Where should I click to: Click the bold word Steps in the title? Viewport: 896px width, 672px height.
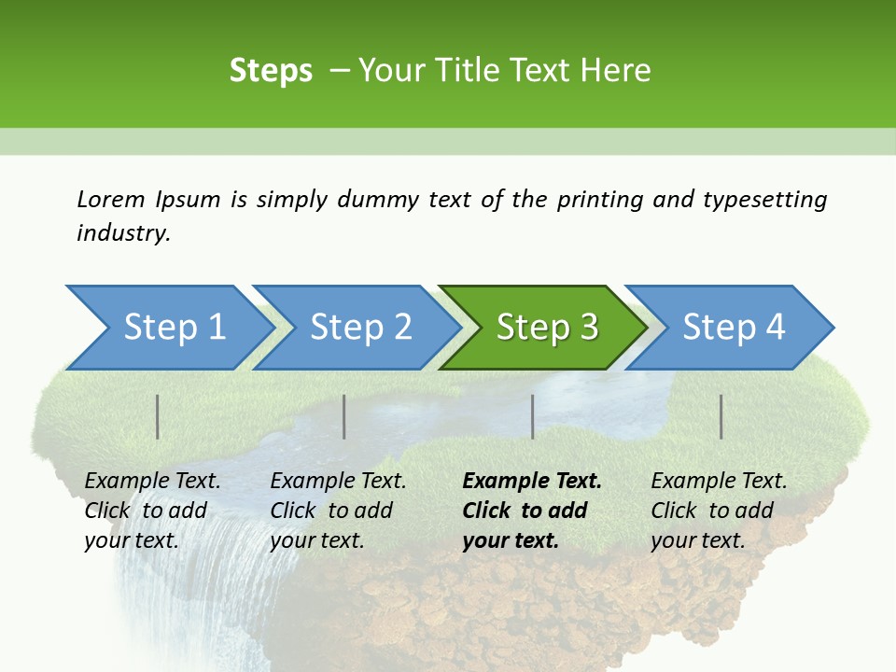tap(271, 71)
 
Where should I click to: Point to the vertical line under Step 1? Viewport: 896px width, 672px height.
tap(158, 416)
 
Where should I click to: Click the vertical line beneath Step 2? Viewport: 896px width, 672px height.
tap(344, 416)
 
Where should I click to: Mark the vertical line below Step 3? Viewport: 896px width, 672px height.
tap(532, 416)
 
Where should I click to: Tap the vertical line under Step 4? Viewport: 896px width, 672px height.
tap(721, 416)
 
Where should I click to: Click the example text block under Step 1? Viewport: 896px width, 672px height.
tap(152, 511)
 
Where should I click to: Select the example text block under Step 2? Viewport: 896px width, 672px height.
tap(338, 511)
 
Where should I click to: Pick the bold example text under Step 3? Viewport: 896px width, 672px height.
tap(532, 511)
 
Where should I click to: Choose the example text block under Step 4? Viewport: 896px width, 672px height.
tap(719, 511)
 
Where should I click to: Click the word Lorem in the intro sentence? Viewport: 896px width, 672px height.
tap(111, 200)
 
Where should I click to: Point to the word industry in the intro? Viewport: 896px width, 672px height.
tap(123, 233)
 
